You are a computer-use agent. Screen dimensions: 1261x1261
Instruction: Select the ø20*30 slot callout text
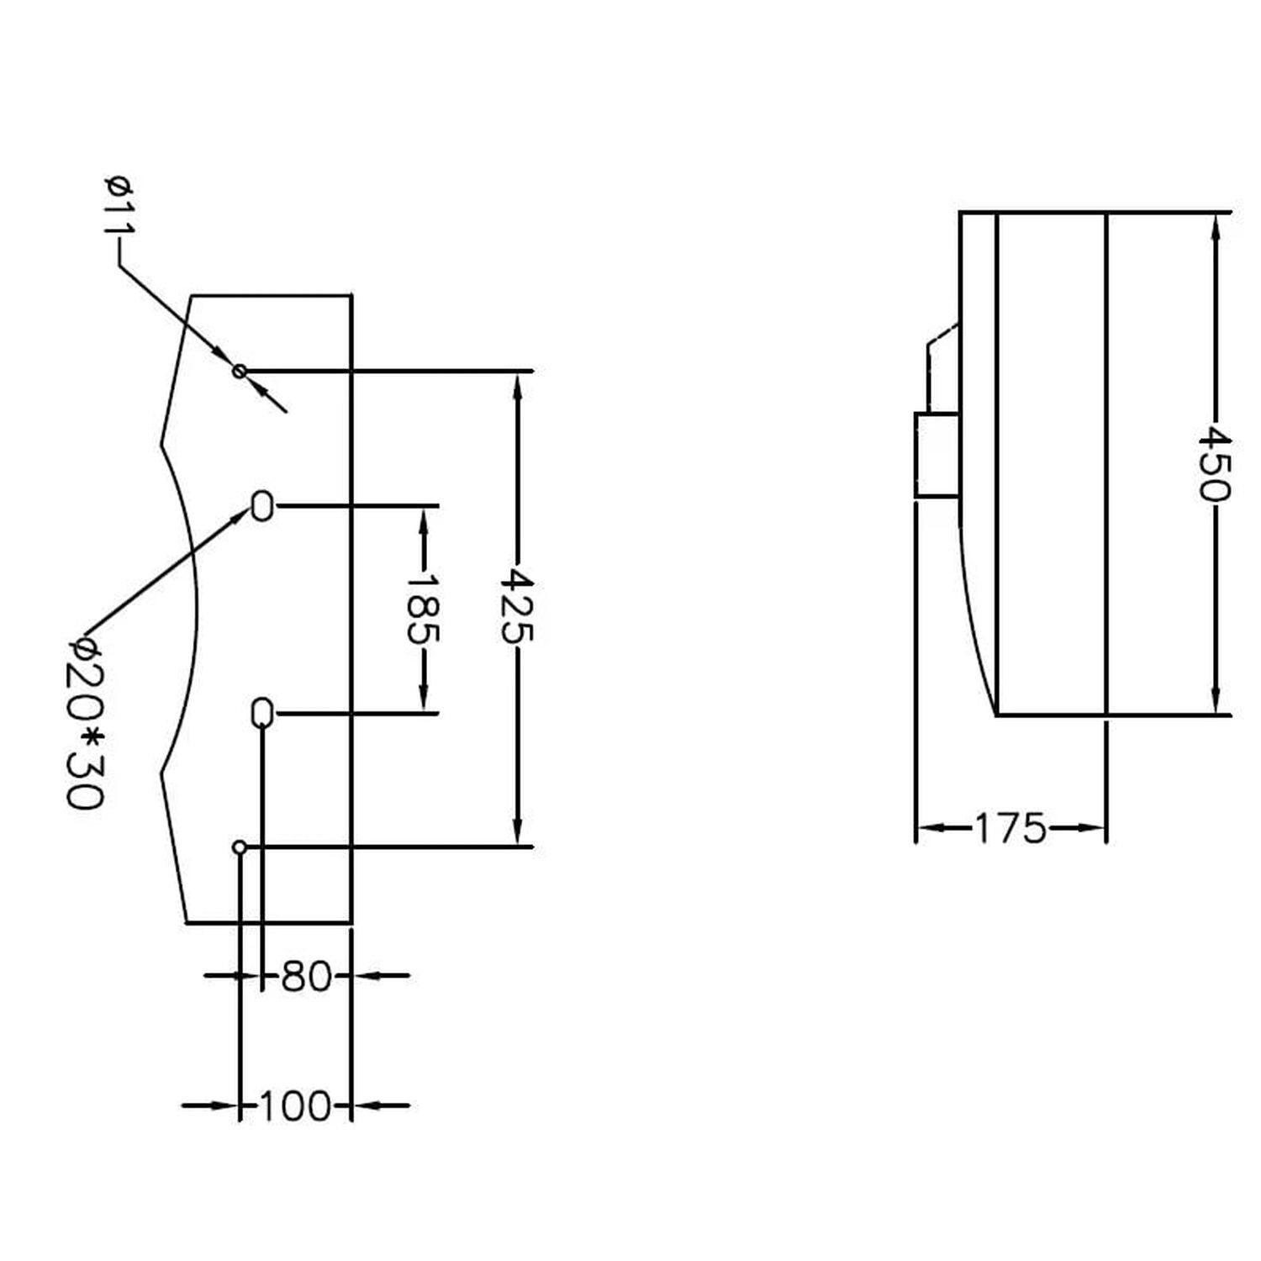[x=85, y=721]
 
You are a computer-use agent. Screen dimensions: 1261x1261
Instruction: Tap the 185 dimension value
[x=422, y=609]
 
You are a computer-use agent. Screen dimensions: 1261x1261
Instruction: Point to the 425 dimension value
[x=516, y=605]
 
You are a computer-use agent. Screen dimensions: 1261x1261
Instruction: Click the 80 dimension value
[x=306, y=976]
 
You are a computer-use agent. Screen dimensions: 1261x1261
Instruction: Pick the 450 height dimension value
[x=1214, y=464]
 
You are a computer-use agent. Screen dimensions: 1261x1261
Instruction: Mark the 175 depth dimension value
[x=1010, y=829]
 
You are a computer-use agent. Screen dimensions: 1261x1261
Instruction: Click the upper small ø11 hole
[x=240, y=370]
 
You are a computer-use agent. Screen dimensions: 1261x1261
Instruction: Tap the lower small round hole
[x=240, y=847]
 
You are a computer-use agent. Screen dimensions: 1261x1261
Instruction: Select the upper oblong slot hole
[x=262, y=506]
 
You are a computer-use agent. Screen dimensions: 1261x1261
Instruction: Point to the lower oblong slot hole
[x=262, y=713]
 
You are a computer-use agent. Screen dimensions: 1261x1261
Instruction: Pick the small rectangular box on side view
[x=937, y=455]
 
